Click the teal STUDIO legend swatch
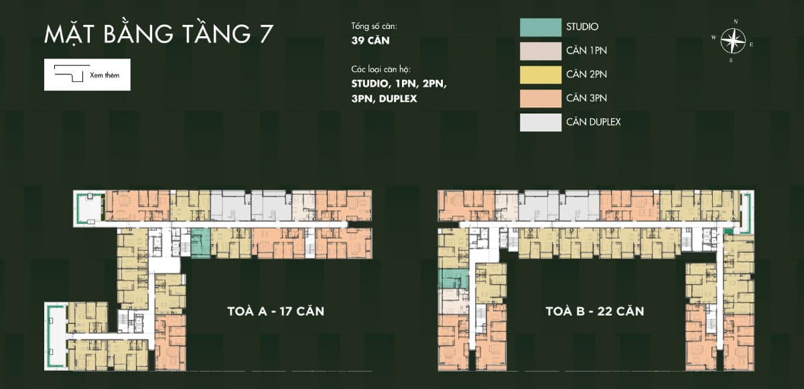[541, 27]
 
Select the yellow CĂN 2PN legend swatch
[541, 74]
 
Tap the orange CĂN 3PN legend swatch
[541, 99]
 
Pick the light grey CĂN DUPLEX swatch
[541, 123]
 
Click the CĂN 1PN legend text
[586, 51]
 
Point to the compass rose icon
[733, 40]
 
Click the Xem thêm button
[87, 74]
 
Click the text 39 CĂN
[371, 41]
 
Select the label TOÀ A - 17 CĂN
[275, 311]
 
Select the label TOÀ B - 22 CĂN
[595, 311]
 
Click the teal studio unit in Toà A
[200, 243]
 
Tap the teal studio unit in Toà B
[454, 279]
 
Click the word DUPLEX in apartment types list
[398, 99]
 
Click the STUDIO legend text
[582, 27]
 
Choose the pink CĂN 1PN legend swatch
[541, 51]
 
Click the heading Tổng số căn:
[374, 26]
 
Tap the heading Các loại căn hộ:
[381, 69]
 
